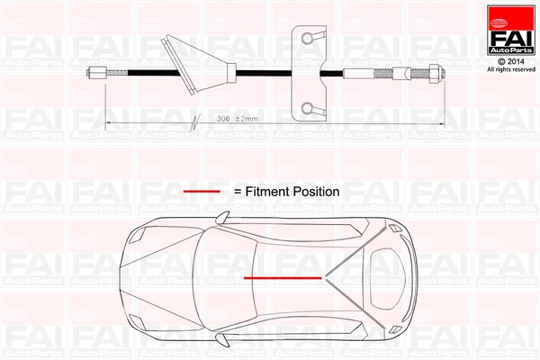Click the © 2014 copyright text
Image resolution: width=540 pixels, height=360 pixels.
pos(506,59)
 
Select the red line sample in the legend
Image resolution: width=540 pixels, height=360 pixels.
pos(202,192)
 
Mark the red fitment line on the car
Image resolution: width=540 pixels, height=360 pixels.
pos(283,277)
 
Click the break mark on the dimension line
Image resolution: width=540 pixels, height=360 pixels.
pos(195,121)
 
